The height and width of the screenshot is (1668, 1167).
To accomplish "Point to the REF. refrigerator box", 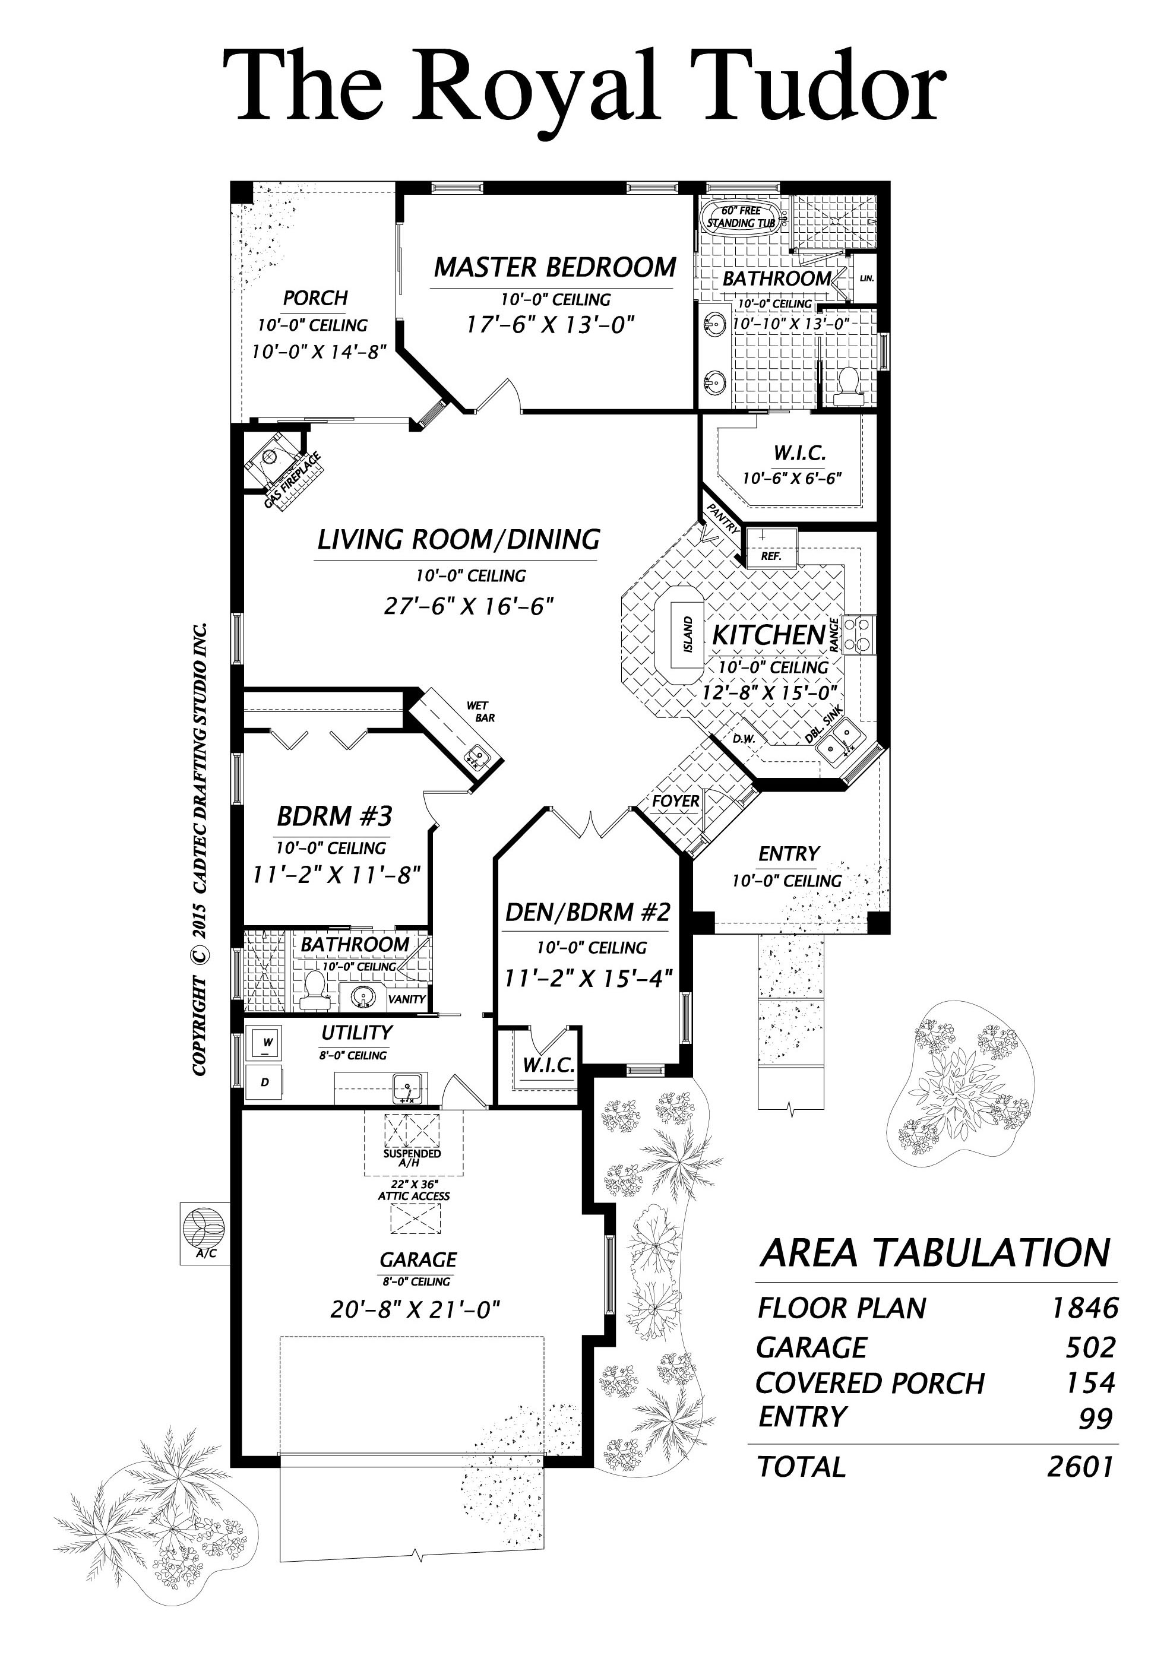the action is coord(771,549).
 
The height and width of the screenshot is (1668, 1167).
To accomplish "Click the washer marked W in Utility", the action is coord(267,1045).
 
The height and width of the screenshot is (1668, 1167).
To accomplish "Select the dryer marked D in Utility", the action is coord(266,1083).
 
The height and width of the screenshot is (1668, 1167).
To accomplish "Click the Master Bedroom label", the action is coord(555,267).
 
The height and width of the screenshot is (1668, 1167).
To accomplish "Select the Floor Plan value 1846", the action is coord(1084,1308).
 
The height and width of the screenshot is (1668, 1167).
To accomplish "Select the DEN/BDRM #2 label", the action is coord(587,911).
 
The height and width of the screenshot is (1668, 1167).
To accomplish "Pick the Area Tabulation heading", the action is coord(935,1252).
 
